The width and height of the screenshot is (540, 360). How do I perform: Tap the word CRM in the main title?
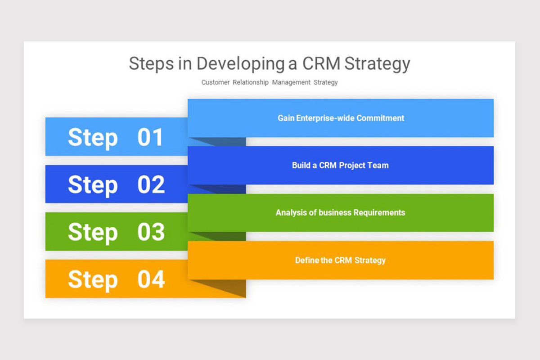(321, 63)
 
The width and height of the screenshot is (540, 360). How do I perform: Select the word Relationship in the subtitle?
(251, 82)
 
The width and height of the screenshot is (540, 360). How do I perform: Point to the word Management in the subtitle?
(291, 82)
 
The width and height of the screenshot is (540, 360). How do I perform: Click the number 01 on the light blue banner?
(150, 137)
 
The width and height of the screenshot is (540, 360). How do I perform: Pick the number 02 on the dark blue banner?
(151, 184)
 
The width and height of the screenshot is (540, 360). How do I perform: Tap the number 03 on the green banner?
(151, 232)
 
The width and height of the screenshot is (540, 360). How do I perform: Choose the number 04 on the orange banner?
(151, 279)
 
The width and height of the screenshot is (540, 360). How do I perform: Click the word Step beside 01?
(93, 138)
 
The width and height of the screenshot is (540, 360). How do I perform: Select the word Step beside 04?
(93, 280)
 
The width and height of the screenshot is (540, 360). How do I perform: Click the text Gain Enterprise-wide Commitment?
(341, 118)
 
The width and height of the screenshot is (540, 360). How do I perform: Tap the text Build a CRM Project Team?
(340, 166)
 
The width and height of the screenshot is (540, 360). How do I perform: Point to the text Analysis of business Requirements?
(340, 213)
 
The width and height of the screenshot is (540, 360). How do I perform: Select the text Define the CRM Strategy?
(340, 261)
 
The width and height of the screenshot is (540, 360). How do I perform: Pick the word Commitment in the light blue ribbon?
(380, 118)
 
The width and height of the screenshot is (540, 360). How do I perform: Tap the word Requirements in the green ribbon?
(379, 213)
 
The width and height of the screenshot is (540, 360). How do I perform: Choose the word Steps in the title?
(151, 63)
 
